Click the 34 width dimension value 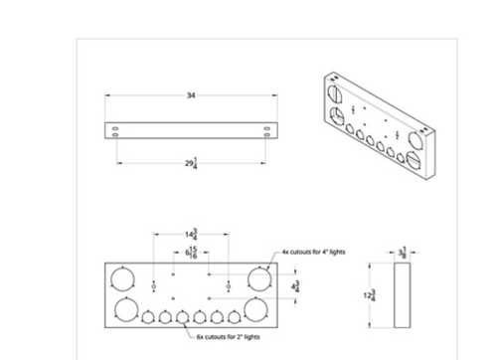[189, 95]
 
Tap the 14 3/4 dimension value [189, 235]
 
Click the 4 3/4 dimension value [293, 286]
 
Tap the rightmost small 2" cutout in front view [235, 318]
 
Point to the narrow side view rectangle [401, 294]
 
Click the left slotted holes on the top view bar [117, 129]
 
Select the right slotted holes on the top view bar [265, 129]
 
